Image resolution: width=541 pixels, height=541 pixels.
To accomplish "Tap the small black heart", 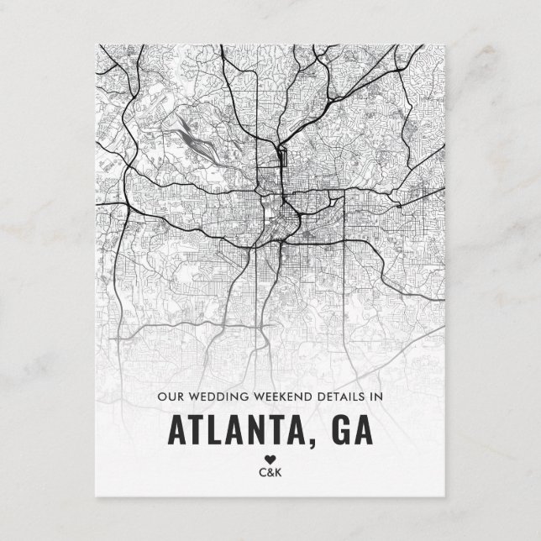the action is click(x=270, y=459).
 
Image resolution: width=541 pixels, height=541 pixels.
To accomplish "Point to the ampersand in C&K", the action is click(x=270, y=472).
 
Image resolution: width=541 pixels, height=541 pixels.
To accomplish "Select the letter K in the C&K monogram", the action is click(x=280, y=472).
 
